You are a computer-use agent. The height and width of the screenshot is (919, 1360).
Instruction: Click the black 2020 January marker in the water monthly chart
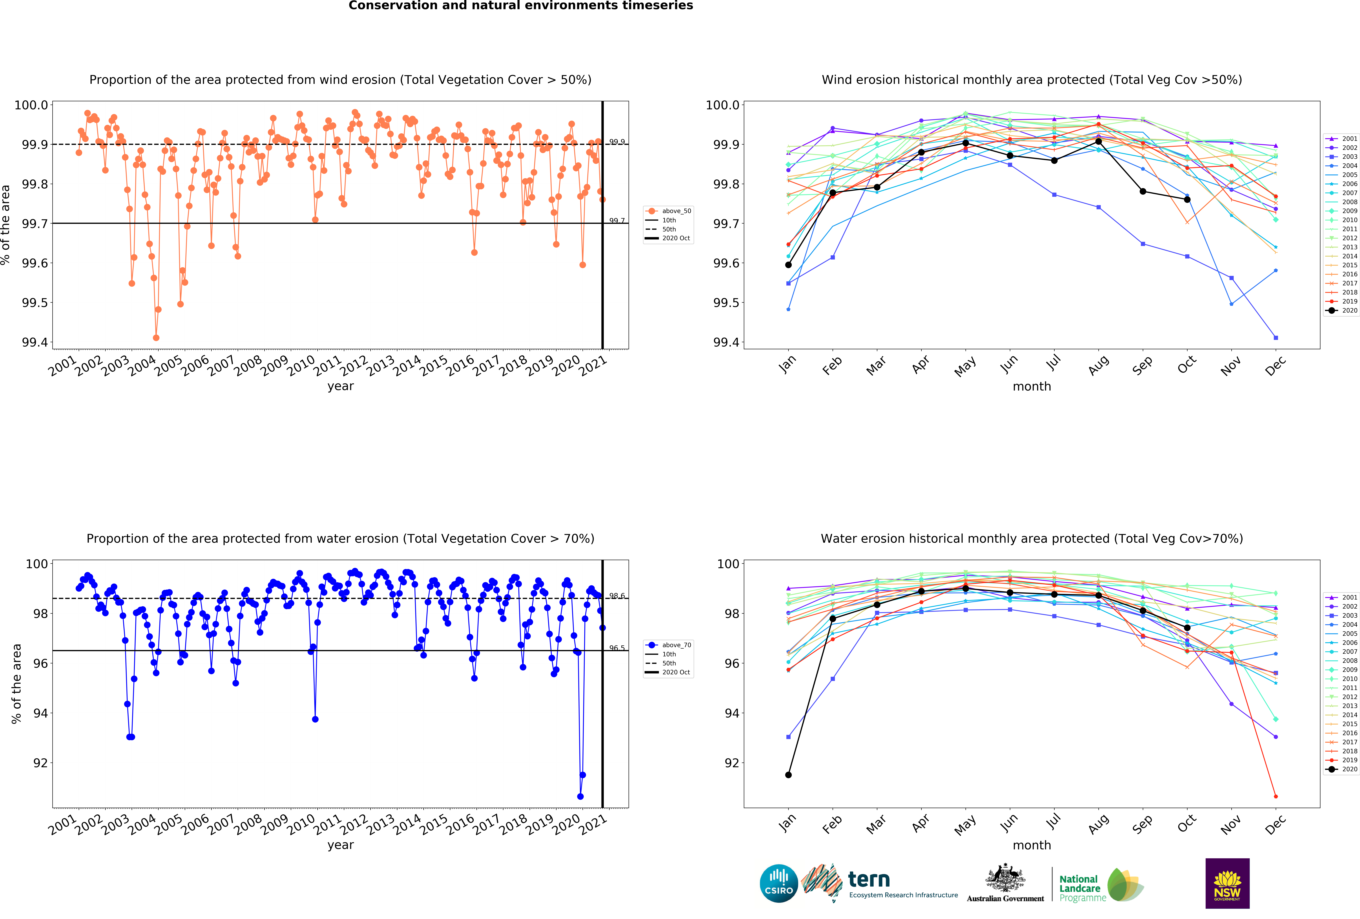788,775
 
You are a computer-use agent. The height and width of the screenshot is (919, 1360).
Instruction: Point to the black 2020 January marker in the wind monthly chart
788,265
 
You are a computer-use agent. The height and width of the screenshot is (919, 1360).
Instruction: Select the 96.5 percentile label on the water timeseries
617,648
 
